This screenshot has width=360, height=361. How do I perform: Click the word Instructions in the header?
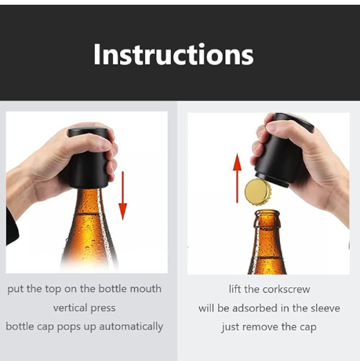[173, 54]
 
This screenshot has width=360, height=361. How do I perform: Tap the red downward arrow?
[122, 195]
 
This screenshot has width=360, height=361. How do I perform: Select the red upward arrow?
[237, 178]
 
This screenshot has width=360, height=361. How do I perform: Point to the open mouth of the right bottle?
[267, 212]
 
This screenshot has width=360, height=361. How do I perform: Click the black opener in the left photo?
[88, 158]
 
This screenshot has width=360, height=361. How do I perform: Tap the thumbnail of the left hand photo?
[87, 192]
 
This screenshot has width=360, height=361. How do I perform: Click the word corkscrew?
[286, 290]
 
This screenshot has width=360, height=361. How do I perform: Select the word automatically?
[131, 326]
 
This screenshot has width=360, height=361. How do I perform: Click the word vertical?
[70, 308]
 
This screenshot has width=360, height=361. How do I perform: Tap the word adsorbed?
[255, 308]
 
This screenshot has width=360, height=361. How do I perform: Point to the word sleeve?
[325, 308]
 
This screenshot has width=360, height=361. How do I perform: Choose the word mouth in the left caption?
[146, 289]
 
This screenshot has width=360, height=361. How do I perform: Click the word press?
[102, 308]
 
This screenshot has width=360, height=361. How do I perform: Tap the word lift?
[235, 290]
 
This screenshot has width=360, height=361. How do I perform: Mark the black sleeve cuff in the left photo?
[12, 226]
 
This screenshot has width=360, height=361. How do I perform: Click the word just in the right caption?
[232, 327]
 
